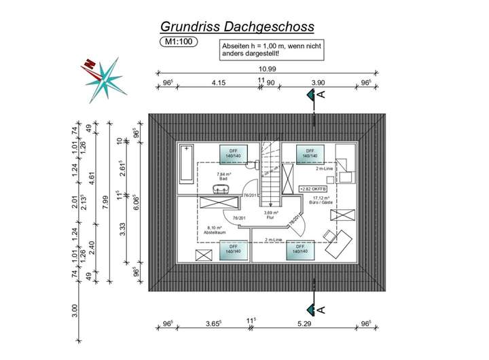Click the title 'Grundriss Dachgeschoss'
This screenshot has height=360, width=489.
point(237,26)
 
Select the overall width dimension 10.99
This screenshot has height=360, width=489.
point(266,69)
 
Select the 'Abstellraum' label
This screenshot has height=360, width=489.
point(214,233)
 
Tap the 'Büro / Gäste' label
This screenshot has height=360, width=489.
point(322,203)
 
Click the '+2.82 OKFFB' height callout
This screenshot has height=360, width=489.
point(314,188)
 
